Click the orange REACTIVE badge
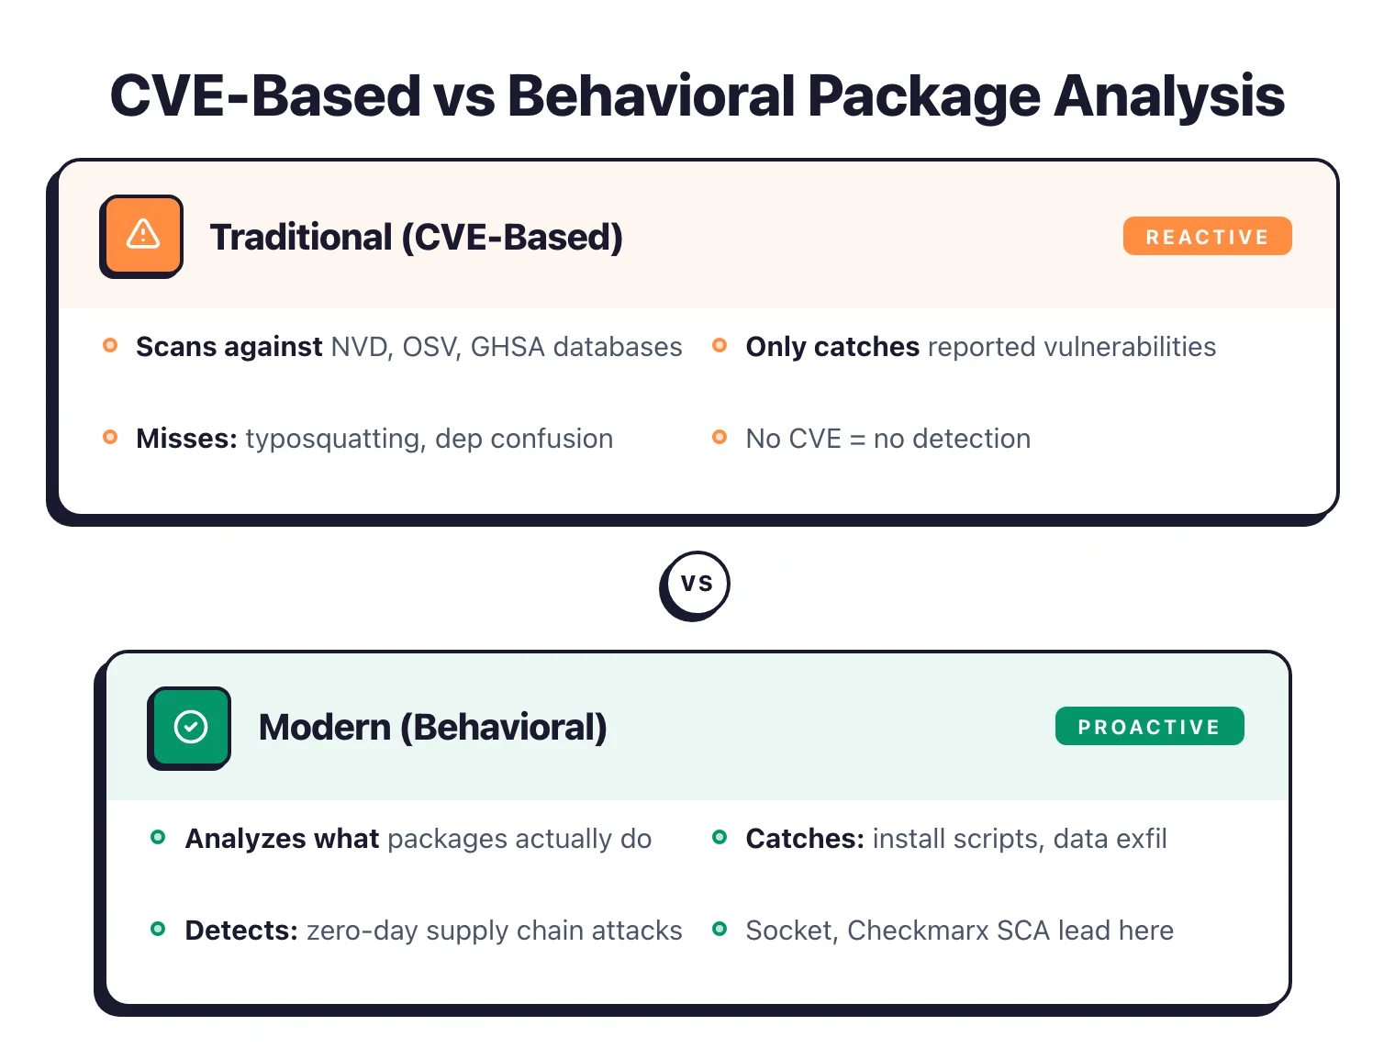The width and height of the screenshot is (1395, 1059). pyautogui.click(x=1207, y=237)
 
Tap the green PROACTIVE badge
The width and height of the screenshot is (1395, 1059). pyautogui.click(x=1149, y=727)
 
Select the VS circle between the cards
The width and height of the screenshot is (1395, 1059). pyautogui.click(x=696, y=584)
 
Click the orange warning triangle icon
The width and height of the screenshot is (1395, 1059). pyautogui.click(x=142, y=235)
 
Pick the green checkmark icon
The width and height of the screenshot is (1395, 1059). pyautogui.click(x=190, y=727)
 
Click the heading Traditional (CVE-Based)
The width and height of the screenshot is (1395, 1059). pyautogui.click(x=416, y=237)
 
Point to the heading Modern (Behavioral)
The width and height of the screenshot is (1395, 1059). pyautogui.click(x=432, y=727)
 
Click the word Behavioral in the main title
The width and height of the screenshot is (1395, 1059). pyautogui.click(x=651, y=95)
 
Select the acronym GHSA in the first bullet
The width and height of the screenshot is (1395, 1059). pyautogui.click(x=507, y=347)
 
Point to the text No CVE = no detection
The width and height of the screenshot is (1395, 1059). pyautogui.click(x=887, y=439)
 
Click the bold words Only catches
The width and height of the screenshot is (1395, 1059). pyautogui.click(x=831, y=347)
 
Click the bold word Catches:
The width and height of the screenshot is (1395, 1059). pyautogui.click(x=804, y=839)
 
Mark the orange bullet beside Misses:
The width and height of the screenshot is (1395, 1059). pyautogui.click(x=110, y=437)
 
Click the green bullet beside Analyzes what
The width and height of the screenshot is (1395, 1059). pyautogui.click(x=158, y=837)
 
